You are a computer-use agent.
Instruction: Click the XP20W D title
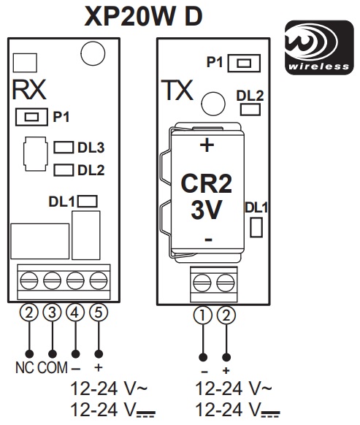143,16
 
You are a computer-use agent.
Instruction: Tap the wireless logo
319,47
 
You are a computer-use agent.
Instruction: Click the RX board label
29,90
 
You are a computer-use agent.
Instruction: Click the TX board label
177,90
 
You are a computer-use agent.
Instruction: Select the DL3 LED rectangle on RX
64,148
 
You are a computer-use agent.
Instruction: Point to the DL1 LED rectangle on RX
88,202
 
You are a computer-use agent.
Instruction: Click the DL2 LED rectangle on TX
250,110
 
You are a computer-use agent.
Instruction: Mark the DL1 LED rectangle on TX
256,227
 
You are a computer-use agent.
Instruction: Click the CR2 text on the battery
207,183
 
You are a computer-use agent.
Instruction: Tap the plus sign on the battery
207,145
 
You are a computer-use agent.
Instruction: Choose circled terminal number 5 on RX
99,313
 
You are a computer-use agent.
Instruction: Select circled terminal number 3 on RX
52,313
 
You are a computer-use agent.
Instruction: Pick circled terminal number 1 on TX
203,315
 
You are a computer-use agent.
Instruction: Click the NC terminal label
25,368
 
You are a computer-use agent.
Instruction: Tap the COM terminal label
53,368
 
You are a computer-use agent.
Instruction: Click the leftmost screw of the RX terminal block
29,281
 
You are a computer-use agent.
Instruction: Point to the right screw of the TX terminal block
226,283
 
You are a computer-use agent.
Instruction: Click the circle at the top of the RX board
93,53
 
